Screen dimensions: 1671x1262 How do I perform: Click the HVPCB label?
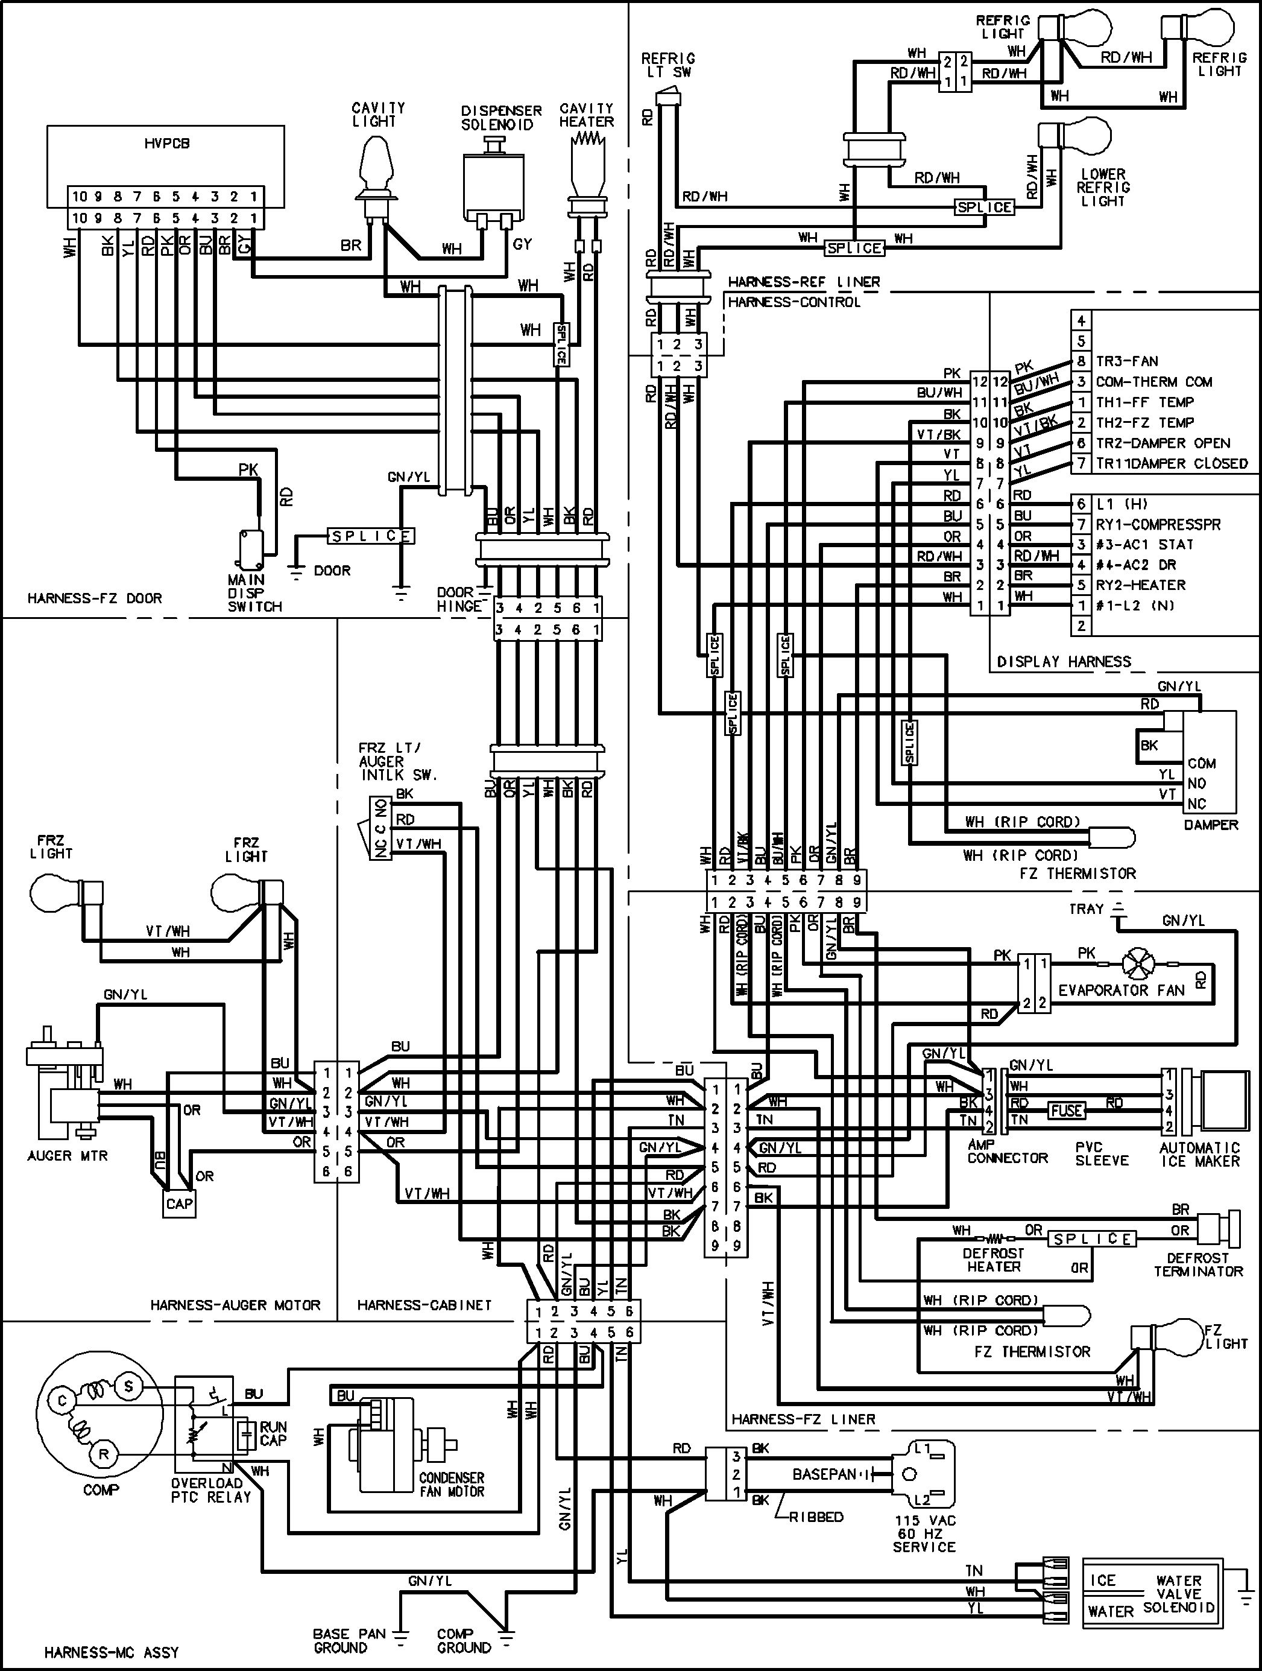[167, 143]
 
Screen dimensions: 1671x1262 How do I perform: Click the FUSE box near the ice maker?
[1067, 1111]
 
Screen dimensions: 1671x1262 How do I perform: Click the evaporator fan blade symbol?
[1138, 965]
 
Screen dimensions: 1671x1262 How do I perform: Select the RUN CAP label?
[273, 1434]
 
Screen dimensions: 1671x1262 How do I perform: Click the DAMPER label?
[1211, 825]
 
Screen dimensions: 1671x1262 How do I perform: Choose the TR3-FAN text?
[1127, 361]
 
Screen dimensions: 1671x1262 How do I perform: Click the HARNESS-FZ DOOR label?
[95, 598]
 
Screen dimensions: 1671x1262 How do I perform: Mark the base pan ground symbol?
[401, 1638]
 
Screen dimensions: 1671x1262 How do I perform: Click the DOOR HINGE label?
[458, 599]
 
